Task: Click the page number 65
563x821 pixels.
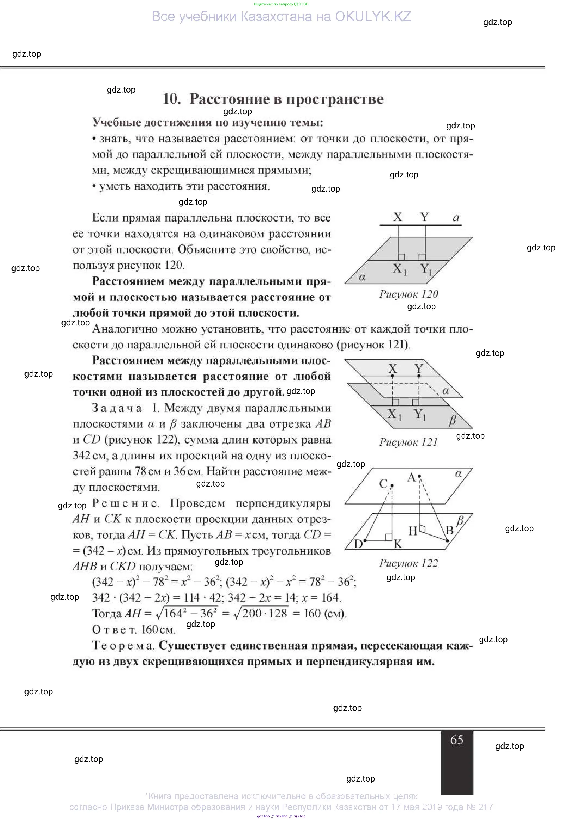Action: [x=457, y=739]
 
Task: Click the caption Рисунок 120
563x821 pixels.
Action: [x=409, y=294]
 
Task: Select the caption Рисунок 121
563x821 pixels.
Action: [x=409, y=442]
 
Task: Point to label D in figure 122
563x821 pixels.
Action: [x=358, y=544]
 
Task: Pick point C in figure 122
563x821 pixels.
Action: [x=392, y=486]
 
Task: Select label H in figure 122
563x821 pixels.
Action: [x=413, y=531]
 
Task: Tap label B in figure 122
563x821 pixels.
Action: [x=449, y=530]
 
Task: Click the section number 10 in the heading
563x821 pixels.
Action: [x=172, y=99]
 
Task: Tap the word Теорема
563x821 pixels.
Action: [x=123, y=645]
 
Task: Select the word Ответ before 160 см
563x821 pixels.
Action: [x=114, y=629]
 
